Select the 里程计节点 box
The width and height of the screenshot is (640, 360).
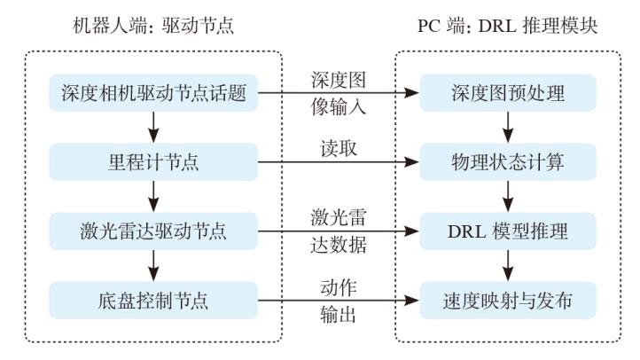pos(152,162)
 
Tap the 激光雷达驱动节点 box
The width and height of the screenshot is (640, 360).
pos(152,232)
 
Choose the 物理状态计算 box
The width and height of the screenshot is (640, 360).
pos(507,162)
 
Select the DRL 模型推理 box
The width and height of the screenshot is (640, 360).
pos(507,232)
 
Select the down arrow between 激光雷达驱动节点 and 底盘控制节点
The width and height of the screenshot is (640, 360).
pos(152,267)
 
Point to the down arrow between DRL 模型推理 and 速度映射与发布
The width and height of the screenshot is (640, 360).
pos(507,267)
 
